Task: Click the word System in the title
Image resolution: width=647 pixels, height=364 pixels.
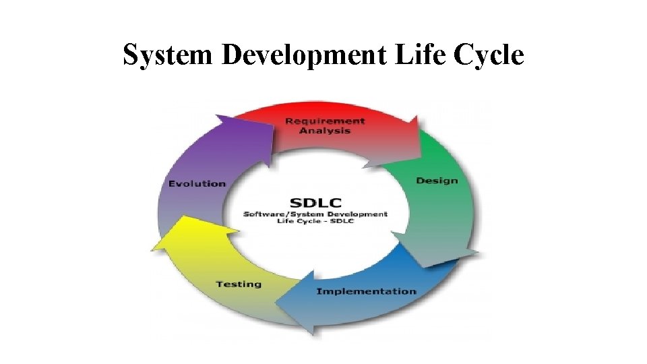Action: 168,55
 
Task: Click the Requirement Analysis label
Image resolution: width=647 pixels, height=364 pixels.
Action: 325,125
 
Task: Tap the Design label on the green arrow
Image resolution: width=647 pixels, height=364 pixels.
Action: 437,181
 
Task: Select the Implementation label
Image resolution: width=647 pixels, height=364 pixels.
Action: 366,291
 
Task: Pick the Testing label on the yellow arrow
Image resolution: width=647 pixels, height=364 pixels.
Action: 239,284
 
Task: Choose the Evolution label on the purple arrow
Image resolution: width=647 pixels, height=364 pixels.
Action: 197,184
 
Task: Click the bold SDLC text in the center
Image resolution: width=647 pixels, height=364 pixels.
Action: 315,202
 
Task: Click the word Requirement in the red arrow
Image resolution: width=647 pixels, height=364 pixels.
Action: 325,121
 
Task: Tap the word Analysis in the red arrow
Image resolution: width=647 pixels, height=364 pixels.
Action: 325,131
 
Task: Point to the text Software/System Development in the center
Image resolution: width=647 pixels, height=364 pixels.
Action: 315,214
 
